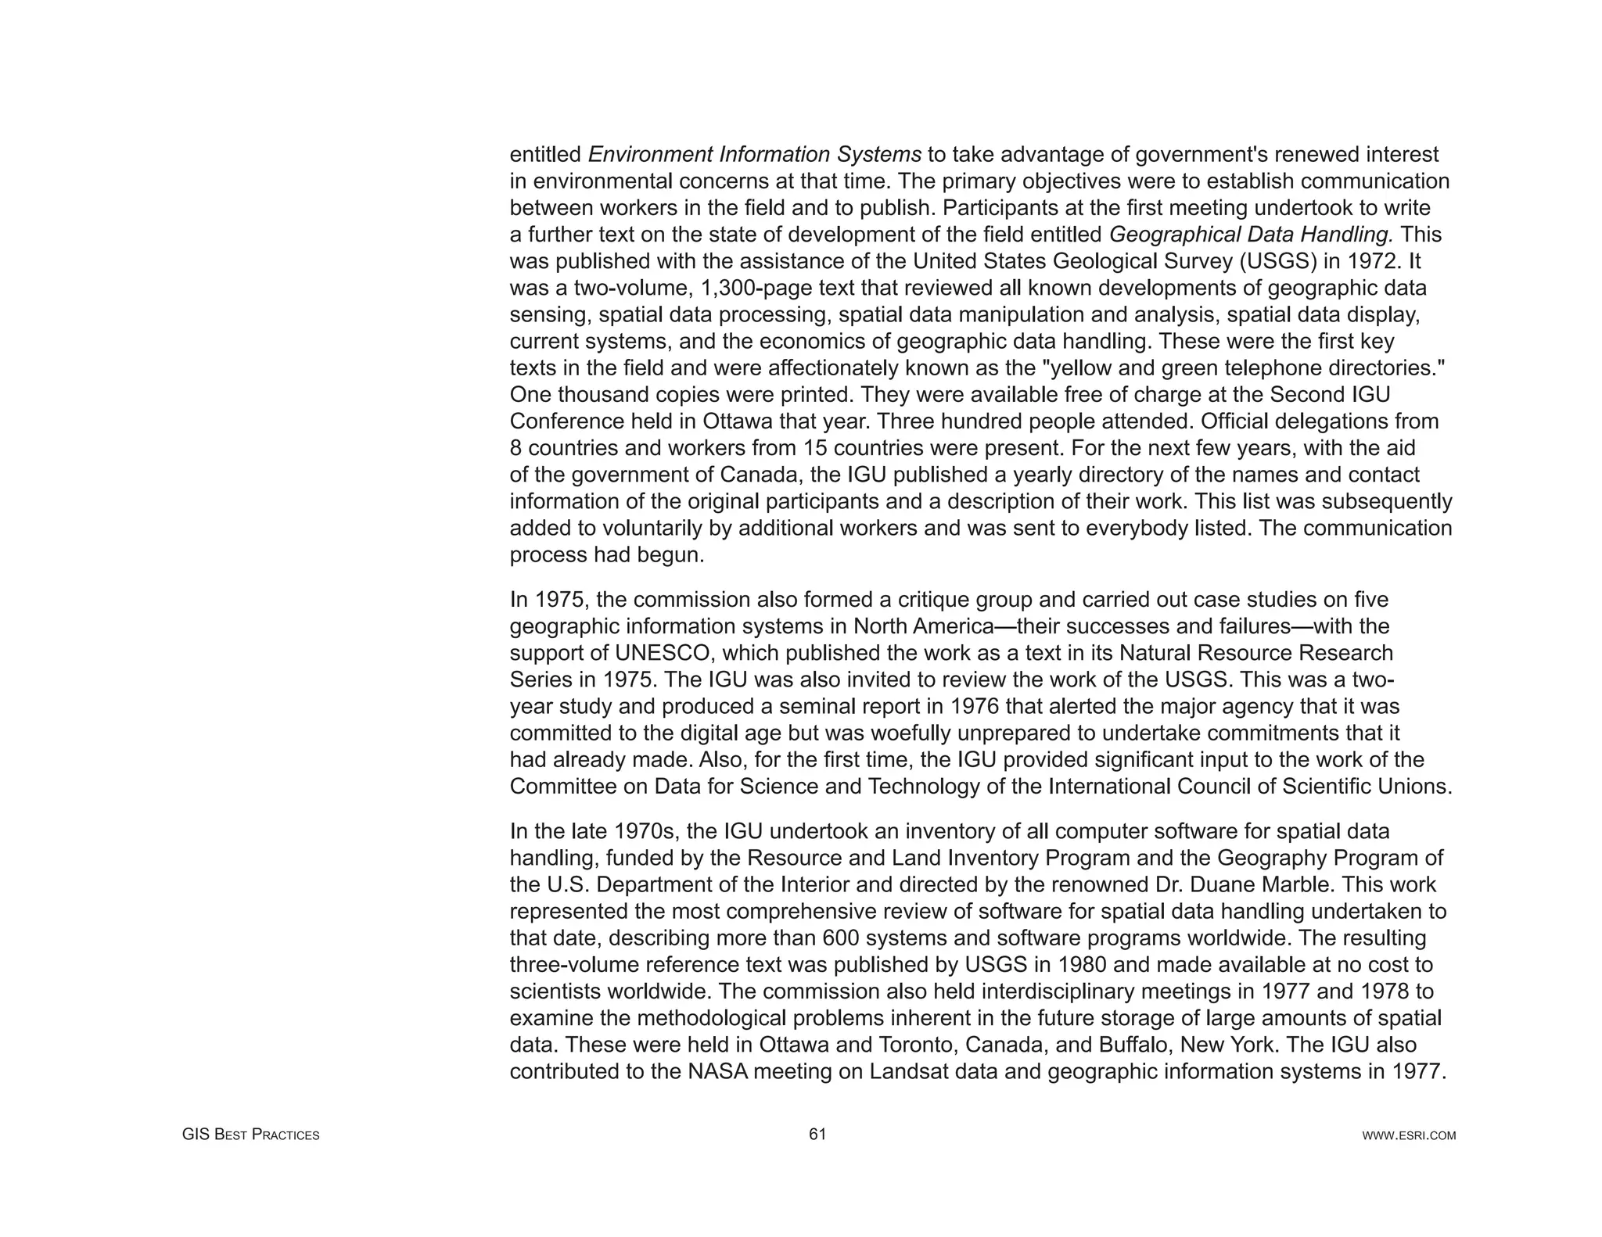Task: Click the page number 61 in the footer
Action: point(817,1135)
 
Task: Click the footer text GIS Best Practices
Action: point(250,1135)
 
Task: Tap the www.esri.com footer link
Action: point(1409,1135)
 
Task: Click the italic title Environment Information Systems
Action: point(754,155)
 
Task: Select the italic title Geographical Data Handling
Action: point(1252,235)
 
